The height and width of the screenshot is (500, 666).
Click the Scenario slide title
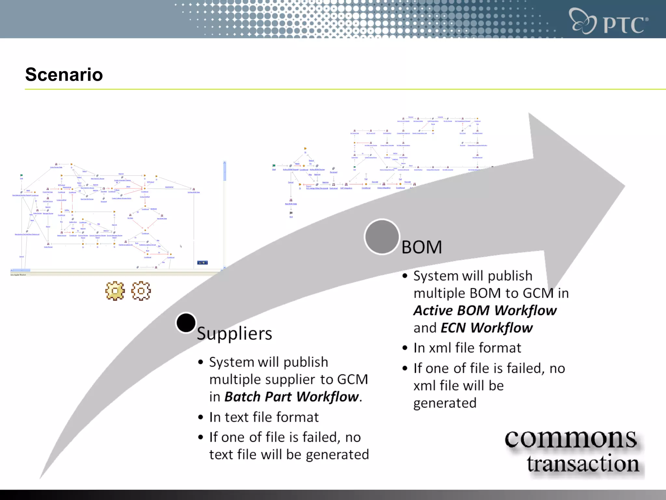coord(64,75)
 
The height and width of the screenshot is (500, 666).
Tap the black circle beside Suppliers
coord(186,323)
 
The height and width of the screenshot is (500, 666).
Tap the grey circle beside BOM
coord(382,237)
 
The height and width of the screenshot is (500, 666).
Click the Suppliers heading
coord(234,334)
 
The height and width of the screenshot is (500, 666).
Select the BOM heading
coord(422,247)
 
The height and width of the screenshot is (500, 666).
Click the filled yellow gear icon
coord(115,291)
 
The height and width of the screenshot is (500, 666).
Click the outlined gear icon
coord(141,291)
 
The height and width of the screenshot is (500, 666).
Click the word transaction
coord(583,464)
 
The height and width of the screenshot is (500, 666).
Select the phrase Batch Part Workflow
coord(292,397)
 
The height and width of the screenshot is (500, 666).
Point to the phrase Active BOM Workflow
coord(485,311)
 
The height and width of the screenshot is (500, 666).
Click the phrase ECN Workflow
coord(487,328)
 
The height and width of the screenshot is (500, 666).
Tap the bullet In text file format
coord(264,417)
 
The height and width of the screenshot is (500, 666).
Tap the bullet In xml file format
coord(467,348)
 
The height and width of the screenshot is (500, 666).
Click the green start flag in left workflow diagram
coord(21,175)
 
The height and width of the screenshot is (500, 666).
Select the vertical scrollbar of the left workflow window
coord(224,215)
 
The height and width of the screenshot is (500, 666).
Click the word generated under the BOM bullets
coord(445,403)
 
